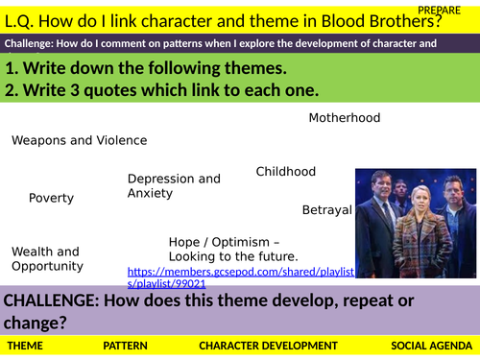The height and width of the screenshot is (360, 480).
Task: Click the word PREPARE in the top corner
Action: click(x=445, y=8)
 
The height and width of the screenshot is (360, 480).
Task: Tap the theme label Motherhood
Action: click(x=344, y=118)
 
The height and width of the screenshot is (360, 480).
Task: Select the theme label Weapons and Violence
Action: click(x=79, y=140)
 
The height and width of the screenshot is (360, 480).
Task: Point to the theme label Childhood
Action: click(x=285, y=172)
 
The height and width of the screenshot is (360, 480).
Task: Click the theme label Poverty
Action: click(x=51, y=198)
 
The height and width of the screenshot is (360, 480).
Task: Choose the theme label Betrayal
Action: click(x=326, y=209)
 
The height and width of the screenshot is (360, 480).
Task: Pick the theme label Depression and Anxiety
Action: click(x=174, y=185)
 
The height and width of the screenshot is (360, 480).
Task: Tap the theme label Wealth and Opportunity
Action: click(x=47, y=259)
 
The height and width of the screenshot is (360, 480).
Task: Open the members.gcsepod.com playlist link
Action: click(x=240, y=278)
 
